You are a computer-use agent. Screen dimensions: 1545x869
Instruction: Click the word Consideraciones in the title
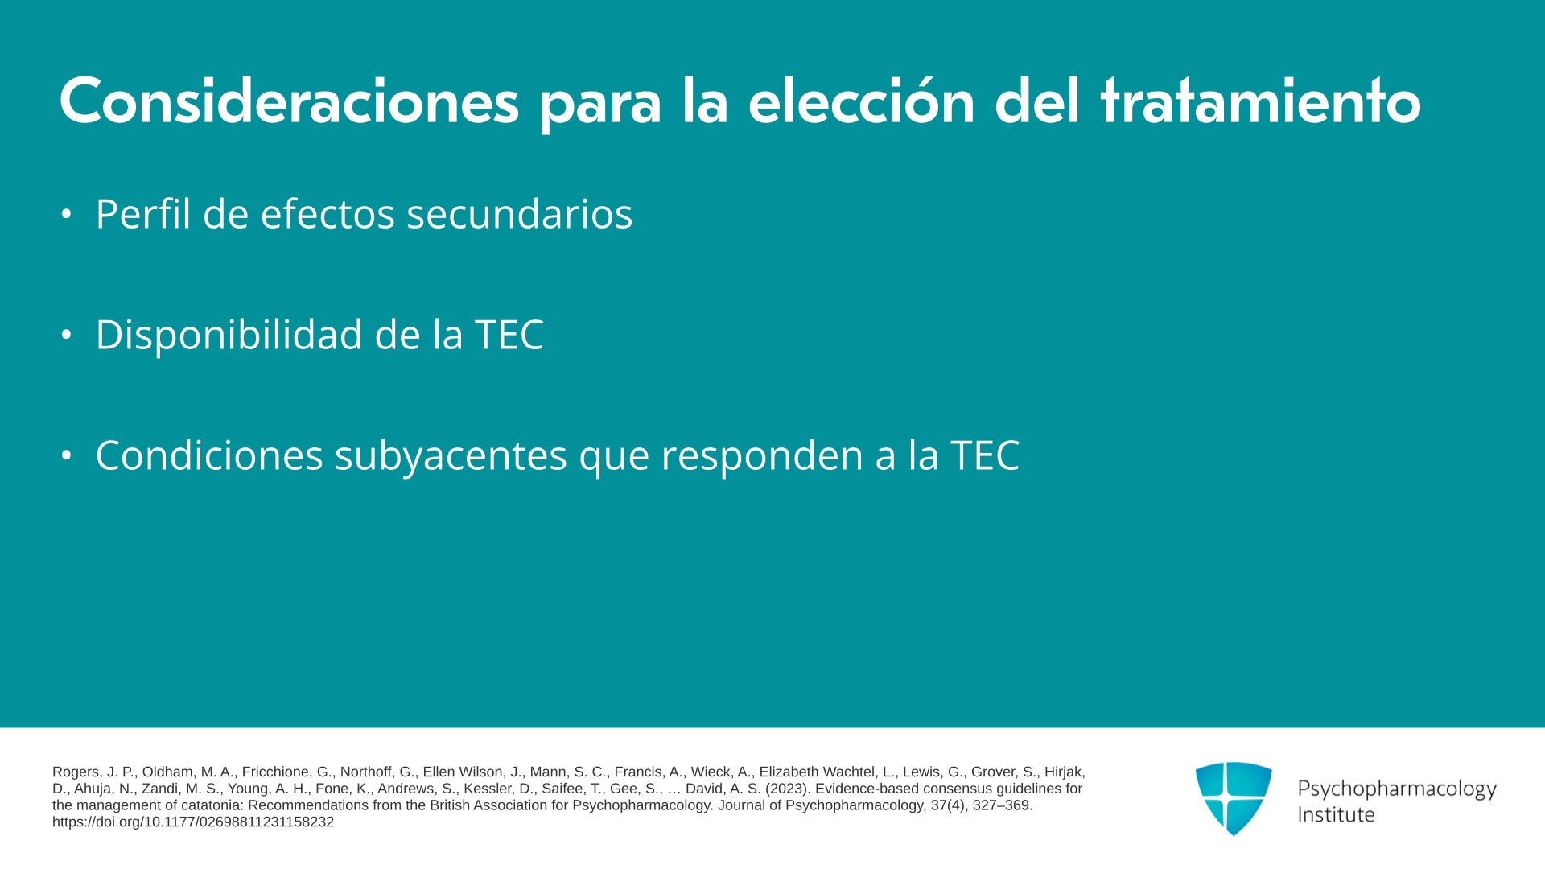pos(289,102)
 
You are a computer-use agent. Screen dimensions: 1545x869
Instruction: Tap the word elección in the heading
pos(861,102)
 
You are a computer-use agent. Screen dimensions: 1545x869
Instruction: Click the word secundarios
pos(520,213)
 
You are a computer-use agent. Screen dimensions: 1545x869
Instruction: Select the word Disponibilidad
pos(229,335)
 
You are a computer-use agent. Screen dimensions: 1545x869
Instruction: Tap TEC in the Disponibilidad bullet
pos(509,335)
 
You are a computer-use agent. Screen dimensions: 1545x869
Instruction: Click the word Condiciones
pos(209,455)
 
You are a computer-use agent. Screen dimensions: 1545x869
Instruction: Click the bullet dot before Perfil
pos(67,214)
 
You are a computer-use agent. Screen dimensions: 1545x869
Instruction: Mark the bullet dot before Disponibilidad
pos(67,335)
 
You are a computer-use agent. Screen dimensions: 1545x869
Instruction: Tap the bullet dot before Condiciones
pos(67,455)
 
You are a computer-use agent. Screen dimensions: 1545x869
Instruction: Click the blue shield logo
pos(1234,798)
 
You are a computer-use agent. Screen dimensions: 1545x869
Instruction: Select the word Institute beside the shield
pos(1336,814)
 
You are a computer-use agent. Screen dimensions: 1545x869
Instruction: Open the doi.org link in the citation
pos(193,822)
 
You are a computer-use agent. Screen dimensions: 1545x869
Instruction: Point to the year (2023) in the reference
pos(786,789)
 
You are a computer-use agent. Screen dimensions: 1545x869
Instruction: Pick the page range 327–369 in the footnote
pos(1001,805)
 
